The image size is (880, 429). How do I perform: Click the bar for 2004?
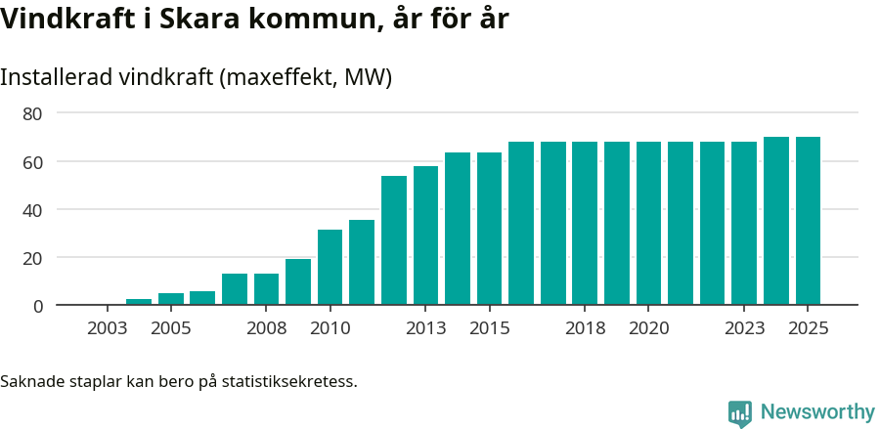click(139, 302)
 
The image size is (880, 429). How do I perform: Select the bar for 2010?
click(330, 268)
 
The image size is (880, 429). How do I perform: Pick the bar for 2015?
click(489, 229)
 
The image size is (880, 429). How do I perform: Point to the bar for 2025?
click(808, 221)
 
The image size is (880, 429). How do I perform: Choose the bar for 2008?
click(266, 289)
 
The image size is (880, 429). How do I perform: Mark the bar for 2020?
click(648, 224)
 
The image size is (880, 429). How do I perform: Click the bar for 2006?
click(202, 298)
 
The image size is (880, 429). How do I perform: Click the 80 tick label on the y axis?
click(32, 113)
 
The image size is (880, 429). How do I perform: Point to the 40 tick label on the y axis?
click(32, 210)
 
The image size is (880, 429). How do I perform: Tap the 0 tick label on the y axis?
click(38, 306)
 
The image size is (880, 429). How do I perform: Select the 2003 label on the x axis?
click(107, 328)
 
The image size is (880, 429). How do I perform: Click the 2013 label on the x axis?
click(425, 328)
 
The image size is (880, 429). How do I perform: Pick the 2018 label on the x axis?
click(585, 328)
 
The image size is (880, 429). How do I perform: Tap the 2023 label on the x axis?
click(744, 328)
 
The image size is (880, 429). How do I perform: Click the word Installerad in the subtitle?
click(55, 77)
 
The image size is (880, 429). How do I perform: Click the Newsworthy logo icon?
click(740, 413)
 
